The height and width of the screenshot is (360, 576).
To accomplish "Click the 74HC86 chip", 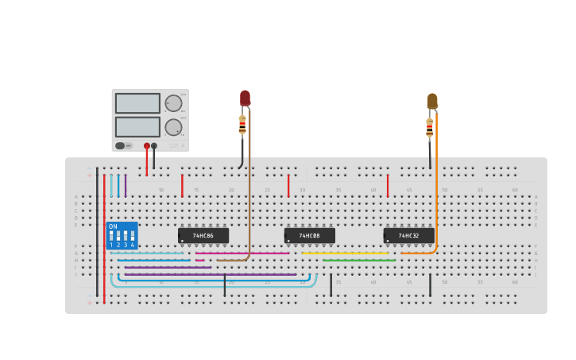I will [203, 236].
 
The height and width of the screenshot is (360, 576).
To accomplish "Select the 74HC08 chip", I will [310, 236].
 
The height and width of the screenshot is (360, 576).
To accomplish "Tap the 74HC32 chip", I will [409, 236].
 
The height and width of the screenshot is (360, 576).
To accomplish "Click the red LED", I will [245, 98].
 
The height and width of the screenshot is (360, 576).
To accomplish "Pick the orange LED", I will [432, 101].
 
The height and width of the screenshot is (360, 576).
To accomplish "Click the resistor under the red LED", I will [242, 126].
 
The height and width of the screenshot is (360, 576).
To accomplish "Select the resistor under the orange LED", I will [430, 127].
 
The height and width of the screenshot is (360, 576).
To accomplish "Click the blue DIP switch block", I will [122, 236].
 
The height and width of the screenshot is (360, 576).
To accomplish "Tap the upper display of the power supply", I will [137, 103].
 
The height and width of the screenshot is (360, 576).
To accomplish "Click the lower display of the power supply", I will [137, 127].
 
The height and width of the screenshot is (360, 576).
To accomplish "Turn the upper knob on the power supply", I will [172, 103].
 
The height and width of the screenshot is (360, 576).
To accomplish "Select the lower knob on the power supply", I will [172, 127].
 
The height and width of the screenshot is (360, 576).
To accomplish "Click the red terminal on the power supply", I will [147, 145].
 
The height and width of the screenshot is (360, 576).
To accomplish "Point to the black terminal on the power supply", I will [154, 145].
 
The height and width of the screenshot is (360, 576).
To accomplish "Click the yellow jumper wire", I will [346, 253].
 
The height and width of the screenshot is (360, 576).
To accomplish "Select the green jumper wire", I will [359, 260].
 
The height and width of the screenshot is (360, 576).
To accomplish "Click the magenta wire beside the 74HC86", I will [242, 253].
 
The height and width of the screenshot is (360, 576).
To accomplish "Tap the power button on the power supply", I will [122, 145].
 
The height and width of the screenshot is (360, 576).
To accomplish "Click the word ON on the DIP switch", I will [113, 227].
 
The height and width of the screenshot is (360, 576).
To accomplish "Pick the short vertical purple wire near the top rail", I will [126, 185].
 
